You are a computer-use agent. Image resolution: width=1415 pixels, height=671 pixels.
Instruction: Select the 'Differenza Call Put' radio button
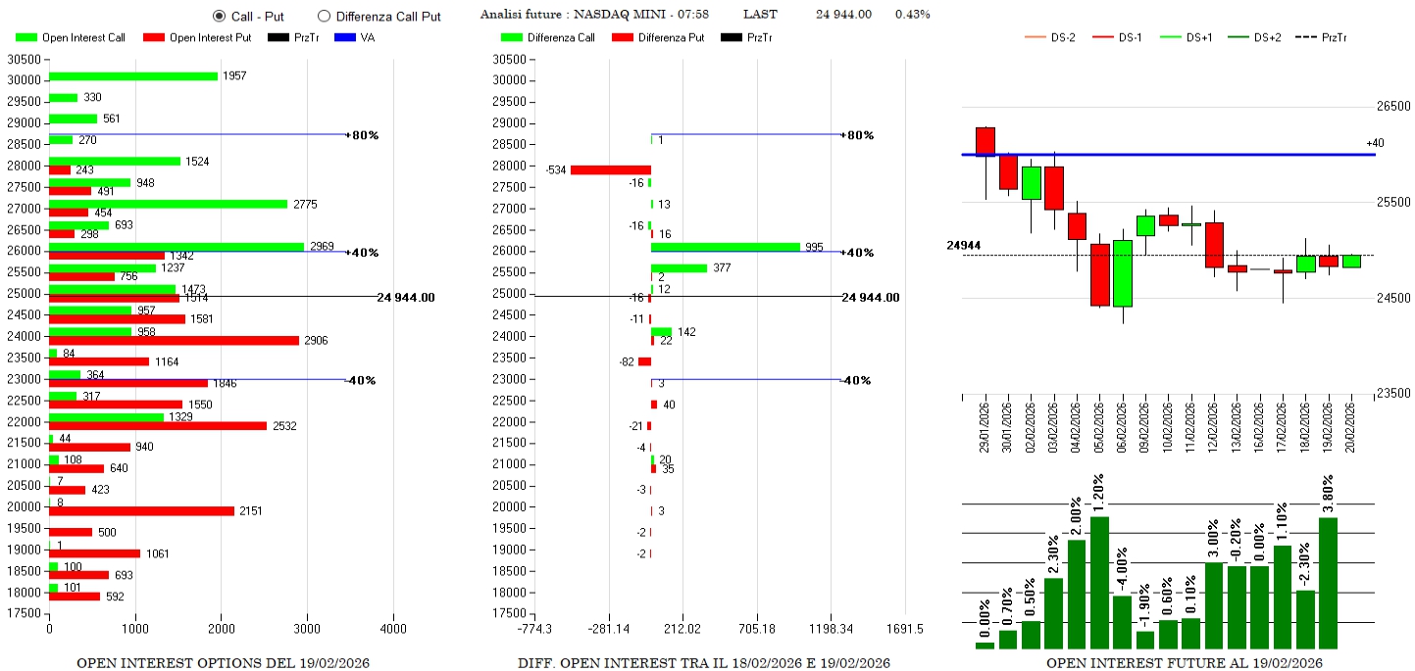[324, 17]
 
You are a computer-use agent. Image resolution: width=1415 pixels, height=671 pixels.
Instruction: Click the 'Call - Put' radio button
[220, 17]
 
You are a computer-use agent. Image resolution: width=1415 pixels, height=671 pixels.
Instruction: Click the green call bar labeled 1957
[133, 76]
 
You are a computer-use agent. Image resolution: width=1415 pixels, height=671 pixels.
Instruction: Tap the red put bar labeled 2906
[174, 340]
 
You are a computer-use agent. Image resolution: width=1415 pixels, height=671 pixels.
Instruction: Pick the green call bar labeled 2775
[168, 204]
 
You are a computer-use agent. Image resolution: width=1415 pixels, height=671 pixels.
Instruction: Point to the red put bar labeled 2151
[141, 510]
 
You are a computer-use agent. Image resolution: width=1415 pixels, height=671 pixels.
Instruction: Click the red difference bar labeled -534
[610, 169]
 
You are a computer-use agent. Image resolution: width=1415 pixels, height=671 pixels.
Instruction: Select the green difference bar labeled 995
[726, 247]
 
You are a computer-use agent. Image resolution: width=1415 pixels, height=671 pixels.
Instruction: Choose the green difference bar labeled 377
[679, 267]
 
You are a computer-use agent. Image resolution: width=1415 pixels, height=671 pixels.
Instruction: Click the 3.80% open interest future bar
[1329, 583]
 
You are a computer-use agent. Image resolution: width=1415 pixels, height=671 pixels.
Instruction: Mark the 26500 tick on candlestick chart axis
[1393, 107]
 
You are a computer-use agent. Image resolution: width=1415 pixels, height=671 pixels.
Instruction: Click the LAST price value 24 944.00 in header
[843, 15]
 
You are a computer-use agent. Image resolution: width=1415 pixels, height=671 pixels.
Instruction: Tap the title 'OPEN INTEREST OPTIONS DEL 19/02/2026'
[223, 663]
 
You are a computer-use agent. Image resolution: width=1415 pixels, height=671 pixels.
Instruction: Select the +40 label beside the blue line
[1375, 144]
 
